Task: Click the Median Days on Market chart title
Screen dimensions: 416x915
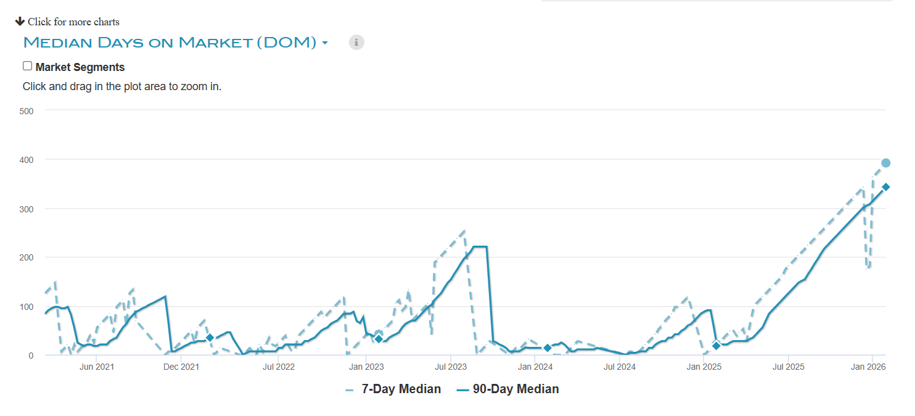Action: (x=170, y=43)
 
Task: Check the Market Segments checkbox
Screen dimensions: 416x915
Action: (x=27, y=66)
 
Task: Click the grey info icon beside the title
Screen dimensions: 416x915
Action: (x=356, y=43)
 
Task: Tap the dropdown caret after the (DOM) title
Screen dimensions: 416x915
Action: (x=325, y=43)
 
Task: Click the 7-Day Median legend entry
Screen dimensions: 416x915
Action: (x=401, y=389)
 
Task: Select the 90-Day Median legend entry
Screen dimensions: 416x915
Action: (x=515, y=389)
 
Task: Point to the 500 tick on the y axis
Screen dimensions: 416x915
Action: (x=26, y=110)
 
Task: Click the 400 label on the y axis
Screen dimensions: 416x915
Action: (x=26, y=159)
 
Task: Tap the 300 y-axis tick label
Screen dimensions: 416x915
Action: (x=26, y=209)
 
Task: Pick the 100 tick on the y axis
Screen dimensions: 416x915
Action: (x=26, y=306)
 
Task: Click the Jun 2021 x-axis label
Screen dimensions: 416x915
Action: (x=97, y=367)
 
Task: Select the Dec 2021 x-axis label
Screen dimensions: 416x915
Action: (x=181, y=367)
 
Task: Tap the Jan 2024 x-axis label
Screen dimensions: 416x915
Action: (x=535, y=367)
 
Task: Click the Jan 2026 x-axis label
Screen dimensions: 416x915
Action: (x=868, y=367)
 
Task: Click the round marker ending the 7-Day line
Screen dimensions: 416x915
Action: (x=885, y=163)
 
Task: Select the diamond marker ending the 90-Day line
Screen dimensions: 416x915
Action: (x=885, y=187)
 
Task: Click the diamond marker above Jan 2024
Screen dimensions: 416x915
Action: (x=547, y=348)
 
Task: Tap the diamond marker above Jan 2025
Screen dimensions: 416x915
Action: (x=716, y=346)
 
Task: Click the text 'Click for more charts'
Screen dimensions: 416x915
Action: (x=73, y=22)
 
